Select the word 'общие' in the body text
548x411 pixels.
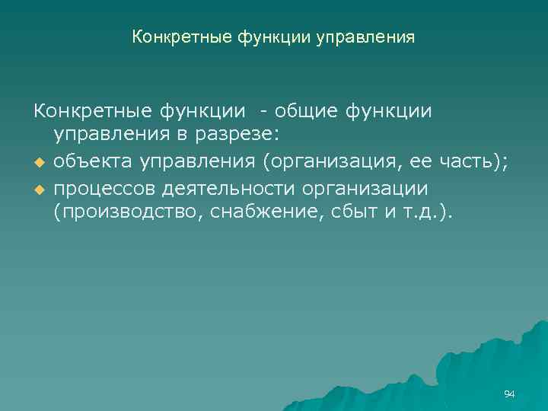click(305, 111)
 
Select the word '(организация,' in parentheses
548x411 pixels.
click(309, 161)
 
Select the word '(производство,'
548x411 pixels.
click(126, 212)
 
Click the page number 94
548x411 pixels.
click(509, 393)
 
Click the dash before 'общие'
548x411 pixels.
click(263, 112)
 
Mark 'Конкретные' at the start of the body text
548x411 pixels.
click(90, 111)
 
